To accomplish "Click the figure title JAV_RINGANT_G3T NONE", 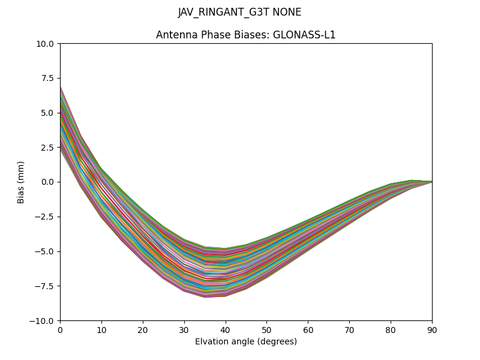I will (x=239, y=13).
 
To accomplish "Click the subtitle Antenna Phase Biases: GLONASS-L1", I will (x=245, y=35).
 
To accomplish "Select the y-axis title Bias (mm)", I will (x=21, y=182).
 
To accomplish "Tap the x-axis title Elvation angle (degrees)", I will (x=245, y=342).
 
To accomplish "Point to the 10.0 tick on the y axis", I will (x=46, y=44).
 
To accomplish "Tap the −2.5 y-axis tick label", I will (x=46, y=217).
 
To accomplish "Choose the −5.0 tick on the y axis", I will (x=46, y=251).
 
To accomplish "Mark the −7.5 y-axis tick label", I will (x=46, y=286).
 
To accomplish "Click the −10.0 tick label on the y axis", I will (x=44, y=320).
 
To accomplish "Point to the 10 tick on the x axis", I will (x=101, y=329).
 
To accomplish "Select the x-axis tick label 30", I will (x=184, y=329).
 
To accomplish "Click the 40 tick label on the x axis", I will (x=225, y=329).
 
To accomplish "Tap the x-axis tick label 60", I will (x=308, y=329).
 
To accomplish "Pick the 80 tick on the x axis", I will (x=391, y=329).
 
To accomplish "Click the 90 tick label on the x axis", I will (x=432, y=329).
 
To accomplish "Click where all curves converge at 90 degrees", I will (x=431, y=182).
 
